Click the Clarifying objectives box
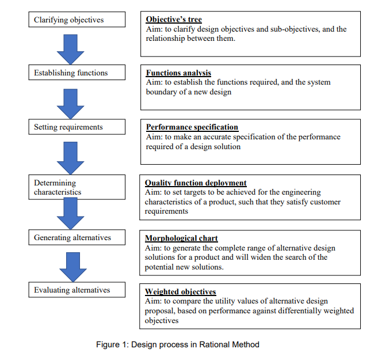coord(77,20)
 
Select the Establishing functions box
coord(77,73)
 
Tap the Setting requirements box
coord(77,127)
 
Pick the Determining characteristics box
coord(77,187)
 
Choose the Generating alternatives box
coord(77,237)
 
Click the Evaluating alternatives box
coord(77,290)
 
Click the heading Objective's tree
coord(174,20)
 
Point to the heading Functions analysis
coord(178,73)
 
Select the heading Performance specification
coord(192,127)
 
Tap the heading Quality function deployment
coord(196,183)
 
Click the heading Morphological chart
coord(181,238)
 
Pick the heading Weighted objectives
coord(180,292)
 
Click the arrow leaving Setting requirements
coord(71,157)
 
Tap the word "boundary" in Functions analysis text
coord(161,92)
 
